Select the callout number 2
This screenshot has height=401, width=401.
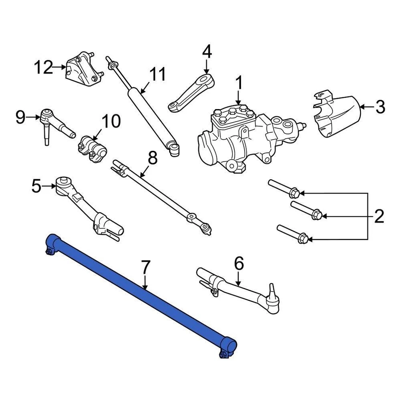(378, 216)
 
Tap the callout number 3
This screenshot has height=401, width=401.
(379, 107)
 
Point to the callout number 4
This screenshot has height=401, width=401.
(207, 52)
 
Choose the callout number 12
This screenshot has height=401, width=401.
(44, 67)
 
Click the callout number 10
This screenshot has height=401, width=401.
(111, 122)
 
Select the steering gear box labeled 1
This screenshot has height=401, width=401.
(242, 138)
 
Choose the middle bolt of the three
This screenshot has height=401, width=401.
(305, 210)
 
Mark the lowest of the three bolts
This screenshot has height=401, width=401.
(292, 234)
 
